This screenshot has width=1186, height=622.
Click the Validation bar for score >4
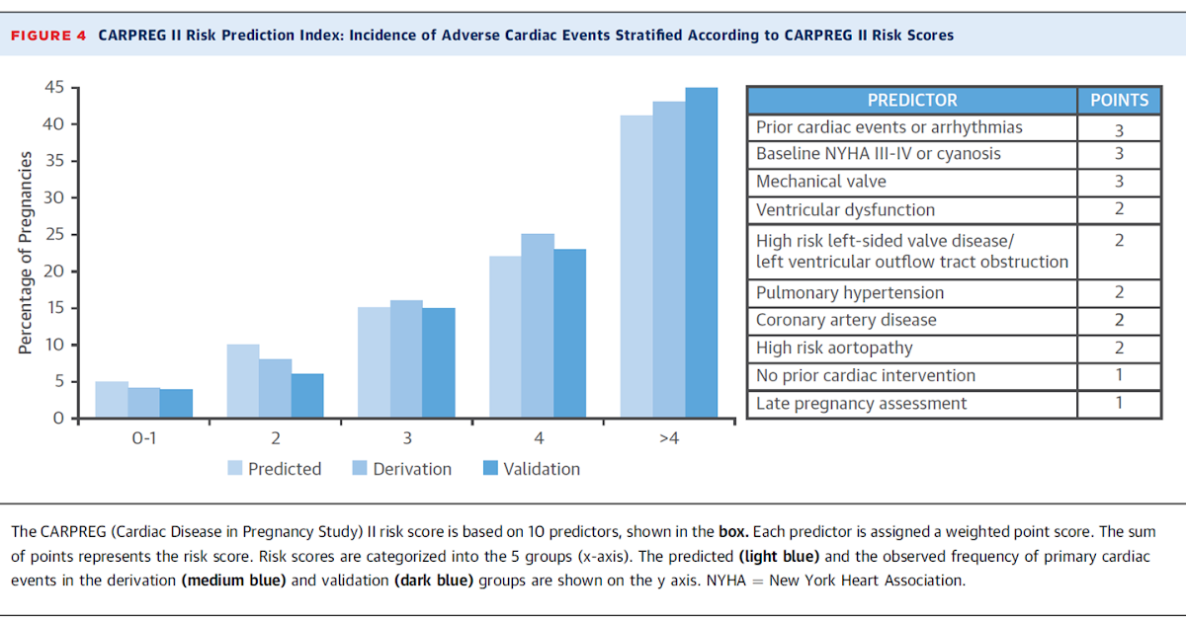point(702,253)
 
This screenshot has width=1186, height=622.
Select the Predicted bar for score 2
point(243,381)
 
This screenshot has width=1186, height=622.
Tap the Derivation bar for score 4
point(538,326)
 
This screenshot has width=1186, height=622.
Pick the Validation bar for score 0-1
point(177,404)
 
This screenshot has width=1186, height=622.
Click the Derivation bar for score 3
point(406,359)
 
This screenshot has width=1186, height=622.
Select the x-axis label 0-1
point(144,437)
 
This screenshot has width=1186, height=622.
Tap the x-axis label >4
point(668,437)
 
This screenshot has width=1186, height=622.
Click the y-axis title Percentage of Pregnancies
point(26,253)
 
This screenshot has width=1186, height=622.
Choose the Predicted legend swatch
point(235,469)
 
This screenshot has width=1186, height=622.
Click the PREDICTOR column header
point(911,100)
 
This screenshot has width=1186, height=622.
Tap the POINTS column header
point(1119,100)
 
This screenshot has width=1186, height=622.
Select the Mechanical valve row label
point(820,182)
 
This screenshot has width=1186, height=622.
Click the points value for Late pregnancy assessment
point(1119,403)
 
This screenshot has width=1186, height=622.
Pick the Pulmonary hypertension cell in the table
point(849,292)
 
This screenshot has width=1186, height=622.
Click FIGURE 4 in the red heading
point(48,36)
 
